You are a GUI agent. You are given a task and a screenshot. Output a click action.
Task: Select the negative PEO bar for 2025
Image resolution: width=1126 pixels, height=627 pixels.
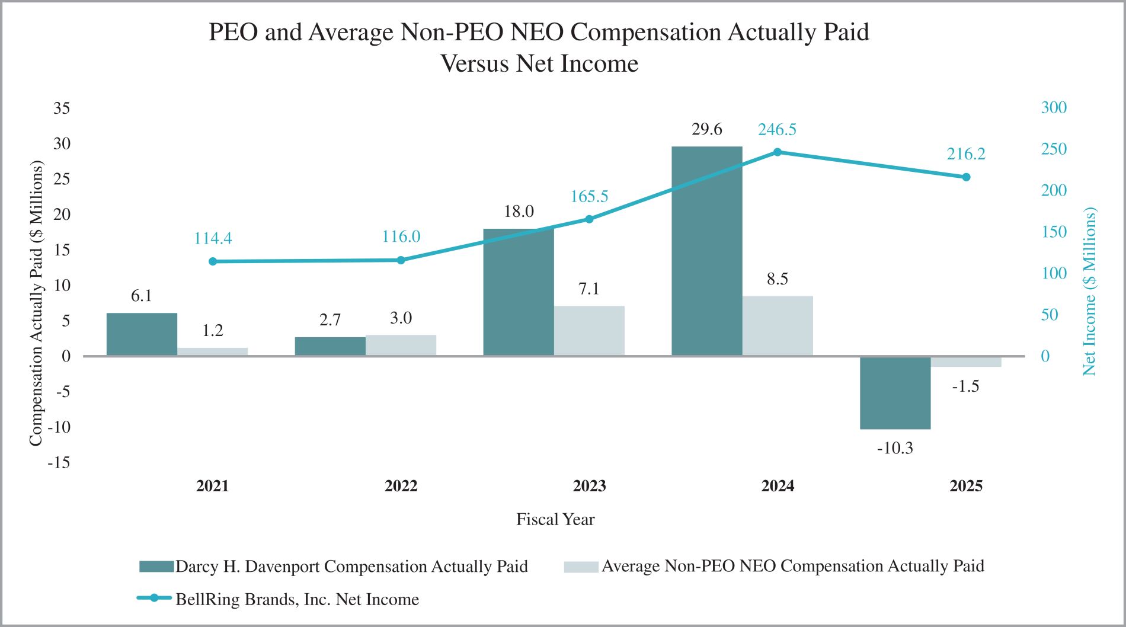(895, 392)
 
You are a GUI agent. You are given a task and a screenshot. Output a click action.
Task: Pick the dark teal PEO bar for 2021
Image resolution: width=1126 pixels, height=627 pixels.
(142, 334)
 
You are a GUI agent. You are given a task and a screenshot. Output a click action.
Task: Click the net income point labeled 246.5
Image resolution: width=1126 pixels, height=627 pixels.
(778, 152)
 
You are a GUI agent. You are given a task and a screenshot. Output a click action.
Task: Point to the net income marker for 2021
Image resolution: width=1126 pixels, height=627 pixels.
(213, 261)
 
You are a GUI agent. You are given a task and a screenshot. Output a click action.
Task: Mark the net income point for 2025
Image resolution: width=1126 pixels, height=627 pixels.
(966, 177)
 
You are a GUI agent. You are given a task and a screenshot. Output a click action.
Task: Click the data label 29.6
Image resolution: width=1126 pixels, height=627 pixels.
(706, 129)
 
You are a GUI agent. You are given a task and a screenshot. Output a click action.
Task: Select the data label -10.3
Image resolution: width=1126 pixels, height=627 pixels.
(895, 448)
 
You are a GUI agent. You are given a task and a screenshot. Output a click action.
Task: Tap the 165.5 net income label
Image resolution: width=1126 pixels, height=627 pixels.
(589, 196)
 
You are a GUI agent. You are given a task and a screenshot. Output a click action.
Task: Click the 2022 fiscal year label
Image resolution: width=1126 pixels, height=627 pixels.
(401, 486)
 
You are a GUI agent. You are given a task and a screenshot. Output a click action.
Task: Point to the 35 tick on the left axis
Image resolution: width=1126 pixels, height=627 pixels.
(62, 108)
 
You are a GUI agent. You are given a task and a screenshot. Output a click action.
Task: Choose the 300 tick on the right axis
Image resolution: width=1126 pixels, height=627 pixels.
(1054, 107)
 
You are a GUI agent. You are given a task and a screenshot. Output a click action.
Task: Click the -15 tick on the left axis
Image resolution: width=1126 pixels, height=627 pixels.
(59, 462)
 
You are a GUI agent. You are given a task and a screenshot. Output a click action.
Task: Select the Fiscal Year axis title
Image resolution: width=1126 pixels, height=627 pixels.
(555, 519)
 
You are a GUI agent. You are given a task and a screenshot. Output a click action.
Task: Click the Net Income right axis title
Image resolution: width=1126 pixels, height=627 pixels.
(1089, 291)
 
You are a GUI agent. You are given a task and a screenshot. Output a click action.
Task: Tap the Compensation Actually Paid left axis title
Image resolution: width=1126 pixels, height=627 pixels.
(36, 303)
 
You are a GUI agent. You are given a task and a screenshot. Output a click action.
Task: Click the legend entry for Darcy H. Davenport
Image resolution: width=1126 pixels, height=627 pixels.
(351, 567)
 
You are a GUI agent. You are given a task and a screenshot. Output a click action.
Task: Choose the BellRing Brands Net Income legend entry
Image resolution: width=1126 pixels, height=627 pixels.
(296, 599)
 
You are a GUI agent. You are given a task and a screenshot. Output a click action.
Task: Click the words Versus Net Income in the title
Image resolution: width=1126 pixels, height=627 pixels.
(539, 63)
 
